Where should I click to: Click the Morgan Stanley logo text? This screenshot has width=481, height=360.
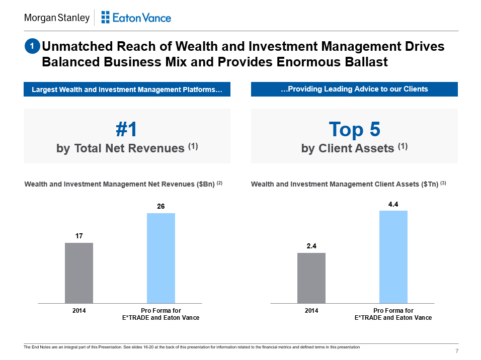pyautogui.click(x=56, y=18)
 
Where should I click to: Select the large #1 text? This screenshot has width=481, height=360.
pyautogui.click(x=126, y=130)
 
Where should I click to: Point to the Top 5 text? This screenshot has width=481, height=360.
pyautogui.click(x=354, y=130)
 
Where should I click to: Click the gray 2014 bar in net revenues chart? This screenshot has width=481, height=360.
pyautogui.click(x=79, y=273)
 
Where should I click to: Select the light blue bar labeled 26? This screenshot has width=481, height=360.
pyautogui.click(x=161, y=258)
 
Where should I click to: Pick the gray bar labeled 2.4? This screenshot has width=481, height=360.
pyautogui.click(x=311, y=278)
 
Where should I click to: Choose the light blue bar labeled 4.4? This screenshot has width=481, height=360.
pyautogui.click(x=393, y=257)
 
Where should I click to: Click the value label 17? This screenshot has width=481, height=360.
pyautogui.click(x=79, y=235)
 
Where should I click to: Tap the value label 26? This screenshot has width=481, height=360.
pyautogui.click(x=161, y=206)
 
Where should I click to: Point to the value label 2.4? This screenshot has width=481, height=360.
pyautogui.click(x=311, y=245)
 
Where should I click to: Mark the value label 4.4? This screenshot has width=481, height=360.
pyautogui.click(x=393, y=204)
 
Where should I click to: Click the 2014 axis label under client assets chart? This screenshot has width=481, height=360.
pyautogui.click(x=311, y=311)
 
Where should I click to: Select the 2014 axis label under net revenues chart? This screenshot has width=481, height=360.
pyautogui.click(x=79, y=311)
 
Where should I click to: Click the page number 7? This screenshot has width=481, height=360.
pyautogui.click(x=456, y=350)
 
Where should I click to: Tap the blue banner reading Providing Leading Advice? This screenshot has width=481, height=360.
pyautogui.click(x=354, y=89)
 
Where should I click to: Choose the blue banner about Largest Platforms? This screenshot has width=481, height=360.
pyautogui.click(x=127, y=89)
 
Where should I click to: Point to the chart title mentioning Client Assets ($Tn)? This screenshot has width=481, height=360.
pyautogui.click(x=345, y=185)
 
